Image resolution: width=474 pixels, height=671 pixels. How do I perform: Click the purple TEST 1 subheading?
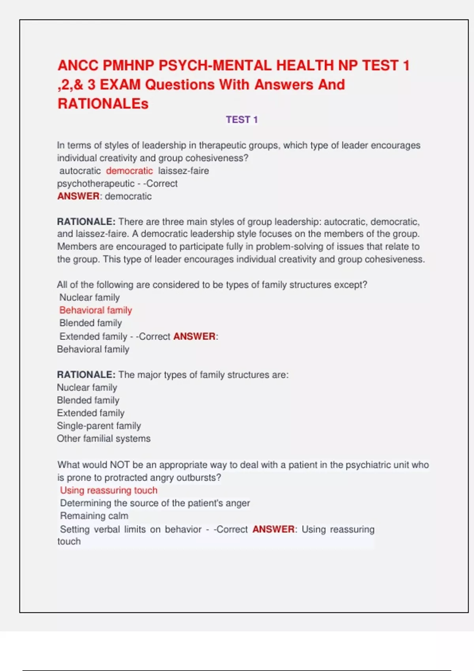click(242, 120)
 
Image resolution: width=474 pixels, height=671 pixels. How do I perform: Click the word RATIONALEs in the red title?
click(103, 104)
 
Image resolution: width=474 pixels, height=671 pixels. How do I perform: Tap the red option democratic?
click(129, 171)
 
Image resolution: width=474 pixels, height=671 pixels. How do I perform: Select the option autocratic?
click(80, 171)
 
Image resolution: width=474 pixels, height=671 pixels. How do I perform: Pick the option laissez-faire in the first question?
click(183, 171)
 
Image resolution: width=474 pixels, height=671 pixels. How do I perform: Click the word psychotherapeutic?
click(96, 184)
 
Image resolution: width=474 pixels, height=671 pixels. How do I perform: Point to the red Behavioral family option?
click(96, 310)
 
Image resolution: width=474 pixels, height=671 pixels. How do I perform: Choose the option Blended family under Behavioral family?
click(90, 323)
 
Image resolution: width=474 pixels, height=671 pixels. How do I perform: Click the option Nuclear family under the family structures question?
click(89, 298)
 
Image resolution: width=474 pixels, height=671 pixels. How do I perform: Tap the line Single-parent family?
click(99, 426)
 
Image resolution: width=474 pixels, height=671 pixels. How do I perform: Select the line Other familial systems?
click(103, 439)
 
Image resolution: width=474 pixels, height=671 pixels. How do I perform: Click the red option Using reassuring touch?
click(109, 490)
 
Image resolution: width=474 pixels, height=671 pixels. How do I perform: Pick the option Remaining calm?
click(94, 516)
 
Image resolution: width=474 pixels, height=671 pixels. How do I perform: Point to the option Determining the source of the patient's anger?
click(155, 503)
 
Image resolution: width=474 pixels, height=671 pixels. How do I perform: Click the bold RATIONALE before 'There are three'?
click(86, 221)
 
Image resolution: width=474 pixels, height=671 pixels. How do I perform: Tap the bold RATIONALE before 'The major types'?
click(86, 375)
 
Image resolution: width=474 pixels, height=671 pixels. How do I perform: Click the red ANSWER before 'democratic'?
click(78, 196)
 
